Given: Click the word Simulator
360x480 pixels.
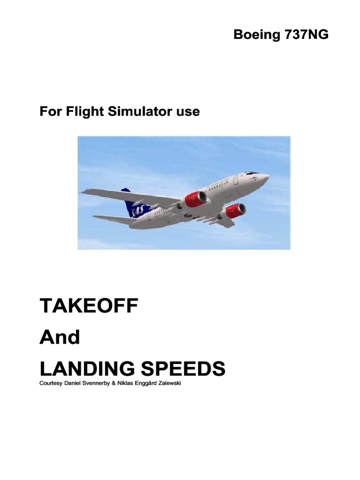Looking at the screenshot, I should click(136, 112).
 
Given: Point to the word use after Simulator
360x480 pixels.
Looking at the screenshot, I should click(187, 112).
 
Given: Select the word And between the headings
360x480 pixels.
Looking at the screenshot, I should click(60, 337).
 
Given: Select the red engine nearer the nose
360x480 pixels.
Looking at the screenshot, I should click(234, 211).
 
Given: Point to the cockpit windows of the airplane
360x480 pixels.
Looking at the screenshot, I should click(252, 173).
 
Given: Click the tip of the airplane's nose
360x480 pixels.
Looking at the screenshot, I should click(268, 177).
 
